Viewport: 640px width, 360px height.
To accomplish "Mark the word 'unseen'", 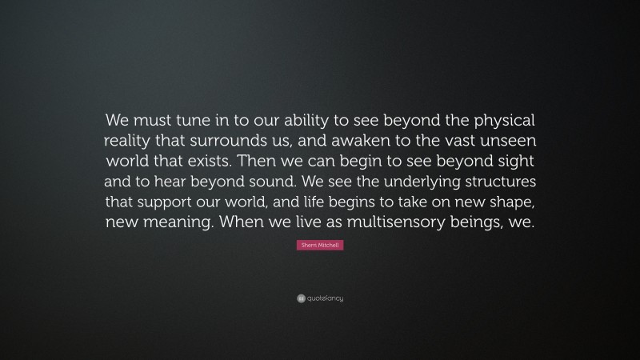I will [x=508, y=142].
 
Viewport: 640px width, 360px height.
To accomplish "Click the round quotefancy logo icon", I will [x=300, y=298].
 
